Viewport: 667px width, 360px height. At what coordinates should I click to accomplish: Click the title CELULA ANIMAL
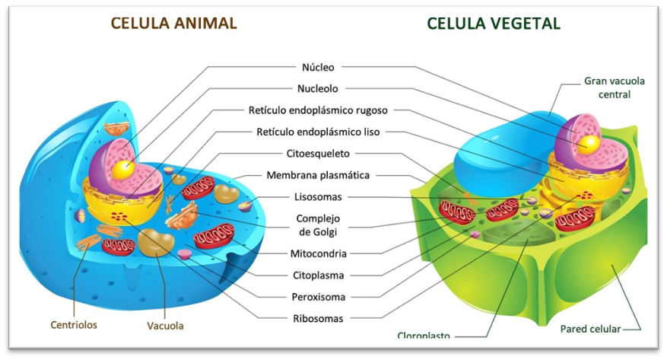point(174,23)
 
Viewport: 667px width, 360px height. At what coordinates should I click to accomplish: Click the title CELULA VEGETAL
point(494,23)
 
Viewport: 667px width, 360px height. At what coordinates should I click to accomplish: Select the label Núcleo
point(318,67)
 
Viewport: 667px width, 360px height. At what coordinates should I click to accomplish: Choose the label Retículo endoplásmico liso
point(318,132)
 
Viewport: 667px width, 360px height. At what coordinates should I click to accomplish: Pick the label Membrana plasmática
point(318,175)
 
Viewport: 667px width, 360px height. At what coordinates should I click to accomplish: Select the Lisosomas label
point(318,196)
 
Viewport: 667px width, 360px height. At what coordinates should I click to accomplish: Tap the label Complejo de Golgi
point(318,225)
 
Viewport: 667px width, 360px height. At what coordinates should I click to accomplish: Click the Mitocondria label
point(319,253)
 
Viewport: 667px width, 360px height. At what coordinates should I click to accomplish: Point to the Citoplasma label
point(319,275)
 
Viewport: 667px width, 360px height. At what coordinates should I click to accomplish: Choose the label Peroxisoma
point(319,296)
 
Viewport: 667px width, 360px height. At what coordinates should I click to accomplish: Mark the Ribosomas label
point(319,318)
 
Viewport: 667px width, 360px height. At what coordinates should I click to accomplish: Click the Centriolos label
point(74,325)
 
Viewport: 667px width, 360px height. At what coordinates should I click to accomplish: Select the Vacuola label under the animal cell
point(165,326)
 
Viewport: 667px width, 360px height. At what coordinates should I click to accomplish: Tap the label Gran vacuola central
point(608,87)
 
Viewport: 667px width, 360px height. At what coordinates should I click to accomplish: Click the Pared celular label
point(590,330)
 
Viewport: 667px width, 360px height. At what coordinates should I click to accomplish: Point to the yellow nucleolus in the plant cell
point(587,142)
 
